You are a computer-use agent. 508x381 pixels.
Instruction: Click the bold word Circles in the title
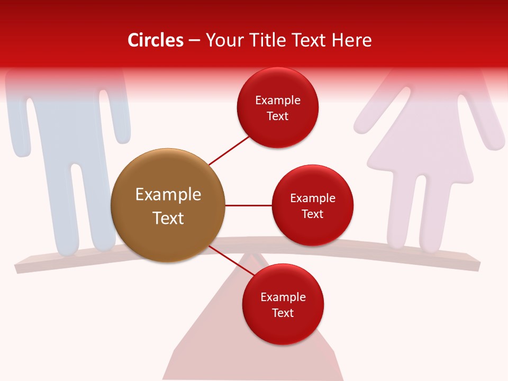pos(156,40)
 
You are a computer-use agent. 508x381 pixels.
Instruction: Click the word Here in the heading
pos(352,40)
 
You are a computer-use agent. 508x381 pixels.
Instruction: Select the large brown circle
pos(168,206)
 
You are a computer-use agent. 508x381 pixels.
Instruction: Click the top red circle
pos(277,107)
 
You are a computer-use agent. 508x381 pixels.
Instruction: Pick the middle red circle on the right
pos(312,205)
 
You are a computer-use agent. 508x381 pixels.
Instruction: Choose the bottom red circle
pos(283,304)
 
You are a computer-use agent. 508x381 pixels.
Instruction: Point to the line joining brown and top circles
pos(229,150)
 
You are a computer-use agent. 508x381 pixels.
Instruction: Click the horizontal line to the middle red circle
pos(248,205)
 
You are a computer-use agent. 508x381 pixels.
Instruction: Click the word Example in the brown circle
pos(168,195)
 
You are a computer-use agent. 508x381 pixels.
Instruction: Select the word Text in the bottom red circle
pos(283,313)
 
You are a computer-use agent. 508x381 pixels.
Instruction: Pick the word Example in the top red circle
pos(277,100)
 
